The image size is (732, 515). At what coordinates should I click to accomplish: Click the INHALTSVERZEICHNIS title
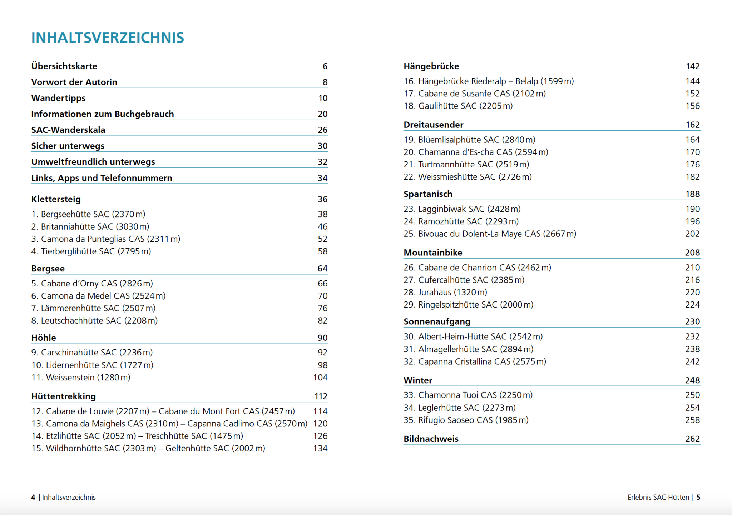108,37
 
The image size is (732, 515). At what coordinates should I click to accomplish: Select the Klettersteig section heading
56,199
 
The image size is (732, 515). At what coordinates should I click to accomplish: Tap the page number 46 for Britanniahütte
322,226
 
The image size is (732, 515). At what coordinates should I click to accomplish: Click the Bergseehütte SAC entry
88,214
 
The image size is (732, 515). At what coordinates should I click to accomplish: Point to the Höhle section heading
44,337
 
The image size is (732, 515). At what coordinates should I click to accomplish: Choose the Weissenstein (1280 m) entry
81,377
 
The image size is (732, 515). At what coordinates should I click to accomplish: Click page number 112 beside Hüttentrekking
321,396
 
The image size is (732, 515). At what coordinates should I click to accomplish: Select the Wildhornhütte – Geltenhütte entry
148,448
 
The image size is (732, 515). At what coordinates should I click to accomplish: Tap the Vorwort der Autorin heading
74,82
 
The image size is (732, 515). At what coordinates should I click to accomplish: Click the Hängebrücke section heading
431,66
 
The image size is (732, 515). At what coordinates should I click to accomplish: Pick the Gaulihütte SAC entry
458,106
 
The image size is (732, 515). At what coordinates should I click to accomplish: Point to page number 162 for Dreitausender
692,125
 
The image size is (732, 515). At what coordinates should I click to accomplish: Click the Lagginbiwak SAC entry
462,209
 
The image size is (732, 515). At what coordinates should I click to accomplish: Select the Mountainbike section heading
433,252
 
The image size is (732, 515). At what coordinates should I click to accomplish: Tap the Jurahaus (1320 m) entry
445,292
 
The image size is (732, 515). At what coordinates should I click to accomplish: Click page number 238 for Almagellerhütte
692,349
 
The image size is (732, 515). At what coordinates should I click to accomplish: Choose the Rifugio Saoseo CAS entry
466,420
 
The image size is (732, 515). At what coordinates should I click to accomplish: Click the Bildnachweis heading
431,439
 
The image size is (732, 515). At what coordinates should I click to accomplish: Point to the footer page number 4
33,497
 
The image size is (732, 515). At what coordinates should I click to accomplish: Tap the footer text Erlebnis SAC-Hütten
658,497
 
